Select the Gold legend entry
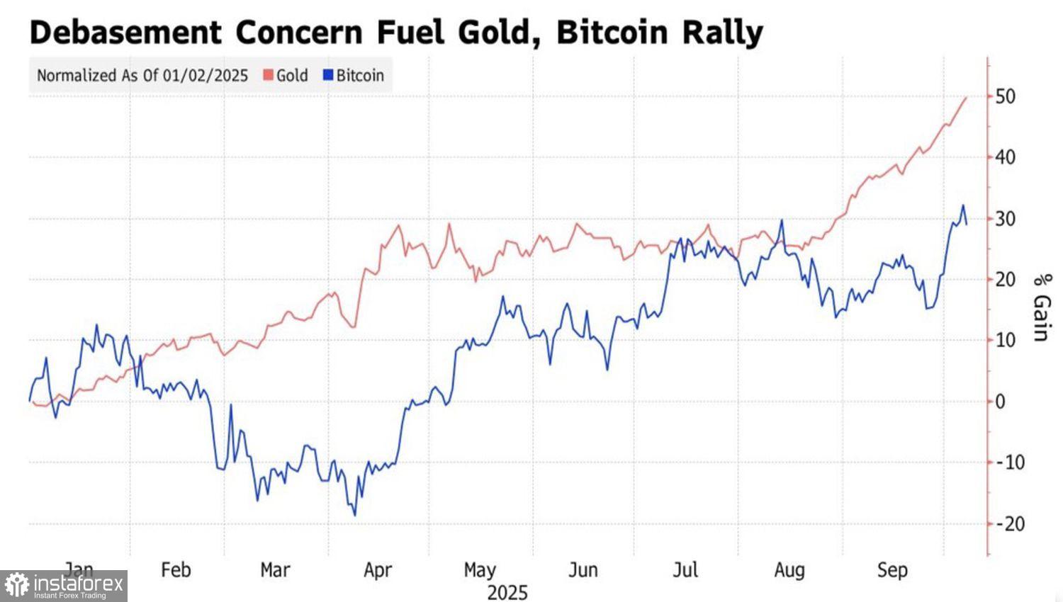286,76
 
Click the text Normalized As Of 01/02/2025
142,76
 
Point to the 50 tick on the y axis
1005,96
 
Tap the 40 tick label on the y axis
1005,157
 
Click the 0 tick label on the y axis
1000,402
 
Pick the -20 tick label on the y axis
1010,524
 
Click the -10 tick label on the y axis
1010,463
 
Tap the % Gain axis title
1040,307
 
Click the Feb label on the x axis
176,570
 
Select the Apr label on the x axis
378,570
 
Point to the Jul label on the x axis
685,570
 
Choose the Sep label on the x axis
892,570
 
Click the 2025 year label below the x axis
507,592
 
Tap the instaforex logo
64,586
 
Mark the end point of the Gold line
966,98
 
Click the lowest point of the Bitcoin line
354,515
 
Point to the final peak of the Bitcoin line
962,205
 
